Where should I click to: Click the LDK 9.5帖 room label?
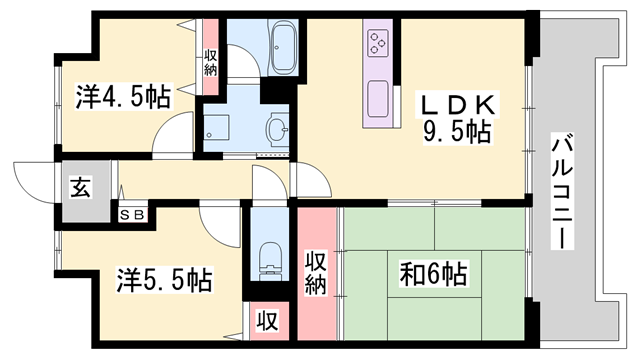tap(456, 118)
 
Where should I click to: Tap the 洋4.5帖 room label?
tap(123, 97)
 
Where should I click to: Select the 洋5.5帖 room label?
tap(164, 280)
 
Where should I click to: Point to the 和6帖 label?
tap(433, 274)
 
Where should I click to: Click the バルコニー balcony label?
tap(562, 191)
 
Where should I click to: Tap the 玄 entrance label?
tap(81, 187)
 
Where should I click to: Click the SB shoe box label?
tap(133, 216)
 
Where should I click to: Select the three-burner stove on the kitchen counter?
tap(378, 43)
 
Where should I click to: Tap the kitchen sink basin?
tap(378, 98)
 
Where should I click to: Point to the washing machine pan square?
tap(216, 127)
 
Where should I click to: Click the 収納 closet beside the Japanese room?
tap(317, 273)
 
